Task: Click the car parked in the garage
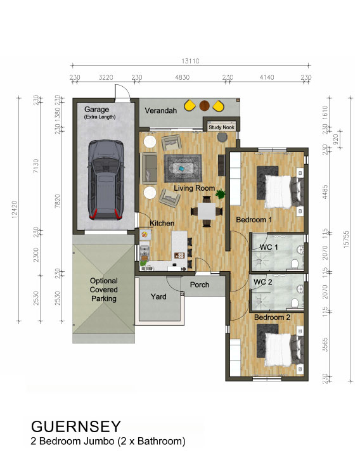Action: tap(106, 179)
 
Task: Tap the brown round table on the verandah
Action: tap(204, 105)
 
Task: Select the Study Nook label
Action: tap(221, 127)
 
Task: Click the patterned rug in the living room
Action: tap(183, 168)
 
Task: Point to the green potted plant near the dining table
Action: tap(220, 194)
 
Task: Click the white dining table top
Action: tap(207, 211)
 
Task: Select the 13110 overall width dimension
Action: tap(190, 61)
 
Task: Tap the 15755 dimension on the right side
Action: tap(346, 240)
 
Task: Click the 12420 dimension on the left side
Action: tap(15, 209)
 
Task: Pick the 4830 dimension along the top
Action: tap(183, 77)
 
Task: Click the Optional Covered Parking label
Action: tap(104, 290)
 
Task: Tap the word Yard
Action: tap(158, 297)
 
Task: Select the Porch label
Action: tap(200, 285)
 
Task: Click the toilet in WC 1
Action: tap(295, 264)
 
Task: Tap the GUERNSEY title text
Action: tap(76, 426)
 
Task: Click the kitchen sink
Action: tap(145, 252)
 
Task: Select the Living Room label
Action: tap(194, 188)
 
